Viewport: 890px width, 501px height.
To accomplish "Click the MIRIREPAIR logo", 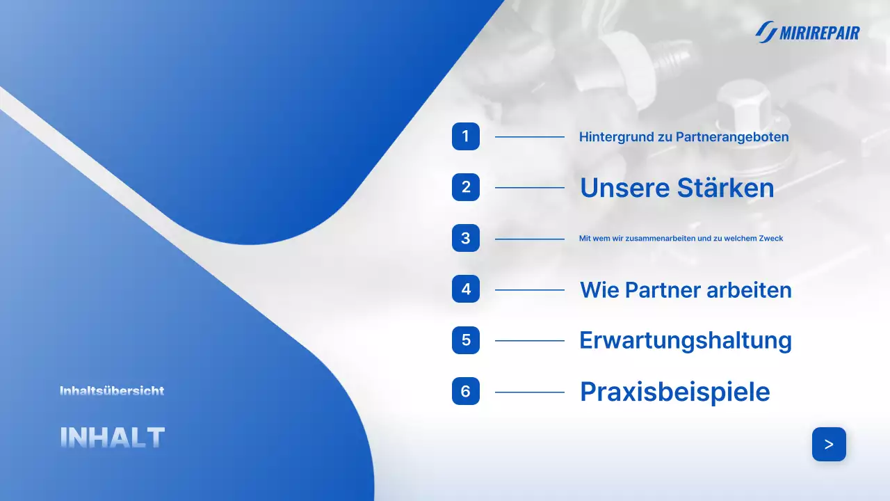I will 807,32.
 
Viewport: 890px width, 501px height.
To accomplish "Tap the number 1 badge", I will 466,136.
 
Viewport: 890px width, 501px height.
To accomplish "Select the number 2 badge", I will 466,187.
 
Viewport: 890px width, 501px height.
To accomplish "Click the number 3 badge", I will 466,239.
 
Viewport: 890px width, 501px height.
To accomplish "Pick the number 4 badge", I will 466,289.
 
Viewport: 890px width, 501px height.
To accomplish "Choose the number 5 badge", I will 466,340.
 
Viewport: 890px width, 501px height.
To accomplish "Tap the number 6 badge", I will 466,392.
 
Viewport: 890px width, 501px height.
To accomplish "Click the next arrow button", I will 829,444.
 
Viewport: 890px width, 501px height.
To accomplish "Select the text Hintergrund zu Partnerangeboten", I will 683,137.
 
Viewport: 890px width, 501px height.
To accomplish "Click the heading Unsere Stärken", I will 677,188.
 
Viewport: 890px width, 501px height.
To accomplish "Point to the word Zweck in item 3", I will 772,239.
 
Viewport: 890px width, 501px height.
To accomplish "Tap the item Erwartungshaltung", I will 685,340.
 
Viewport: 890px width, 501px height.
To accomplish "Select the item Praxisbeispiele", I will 674,392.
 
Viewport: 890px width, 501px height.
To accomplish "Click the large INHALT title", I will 112,438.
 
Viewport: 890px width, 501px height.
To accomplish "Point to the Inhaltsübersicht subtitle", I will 112,391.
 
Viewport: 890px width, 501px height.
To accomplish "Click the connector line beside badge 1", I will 529,137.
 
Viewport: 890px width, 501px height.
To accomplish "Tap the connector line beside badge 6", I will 529,392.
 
